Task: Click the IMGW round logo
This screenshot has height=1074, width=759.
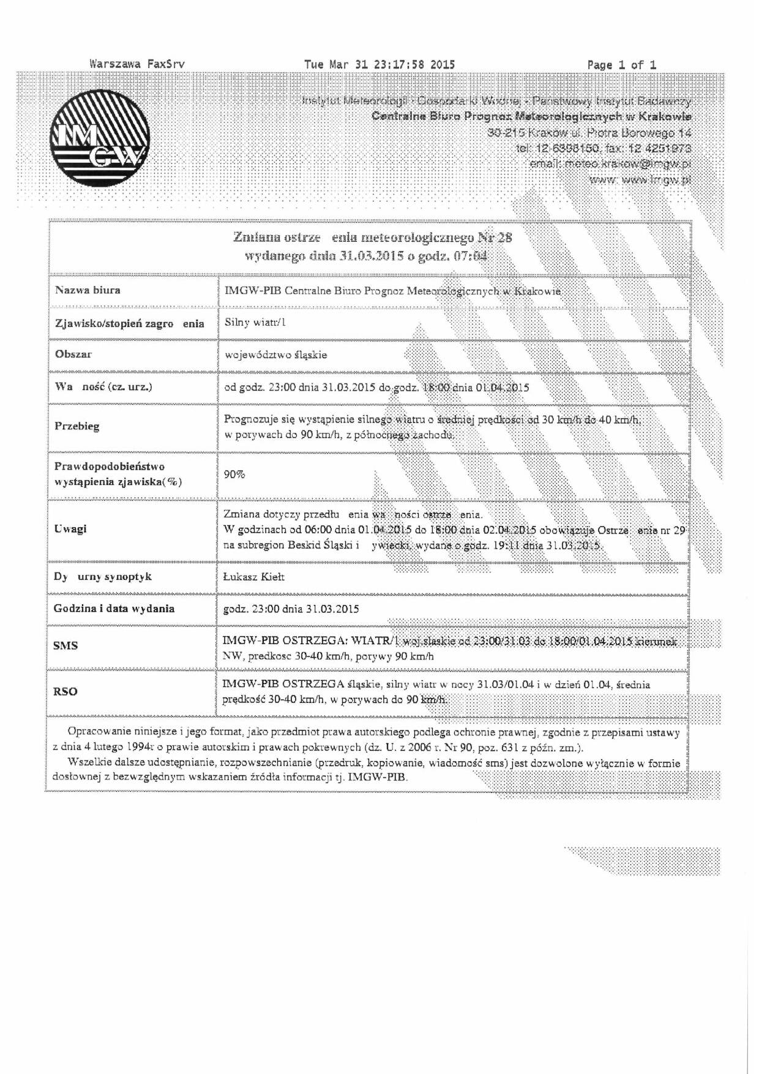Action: [99, 138]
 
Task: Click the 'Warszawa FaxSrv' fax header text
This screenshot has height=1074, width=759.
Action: [136, 64]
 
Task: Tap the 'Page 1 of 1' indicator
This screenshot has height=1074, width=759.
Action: [621, 64]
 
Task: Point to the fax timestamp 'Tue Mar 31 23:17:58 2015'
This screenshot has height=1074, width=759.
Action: [379, 64]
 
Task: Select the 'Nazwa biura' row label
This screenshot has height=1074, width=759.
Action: [88, 290]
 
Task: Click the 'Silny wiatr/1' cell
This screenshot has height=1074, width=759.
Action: [255, 322]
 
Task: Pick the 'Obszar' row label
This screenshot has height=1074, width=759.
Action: [73, 354]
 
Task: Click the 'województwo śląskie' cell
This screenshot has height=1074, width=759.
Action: [275, 355]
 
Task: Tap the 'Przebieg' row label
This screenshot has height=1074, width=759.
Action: [77, 426]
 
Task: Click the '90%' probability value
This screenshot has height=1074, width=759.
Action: [234, 474]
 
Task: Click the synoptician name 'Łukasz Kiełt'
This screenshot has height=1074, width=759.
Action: [253, 577]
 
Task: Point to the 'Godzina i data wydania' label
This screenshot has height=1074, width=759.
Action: [114, 609]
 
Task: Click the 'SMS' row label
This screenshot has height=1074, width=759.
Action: [65, 645]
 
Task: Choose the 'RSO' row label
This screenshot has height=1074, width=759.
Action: [65, 691]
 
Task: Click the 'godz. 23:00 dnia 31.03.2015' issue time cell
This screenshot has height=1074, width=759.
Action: [291, 609]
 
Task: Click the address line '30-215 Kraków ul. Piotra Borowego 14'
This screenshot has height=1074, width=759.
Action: [589, 132]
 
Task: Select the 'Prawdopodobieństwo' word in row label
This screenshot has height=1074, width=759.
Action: [109, 466]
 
